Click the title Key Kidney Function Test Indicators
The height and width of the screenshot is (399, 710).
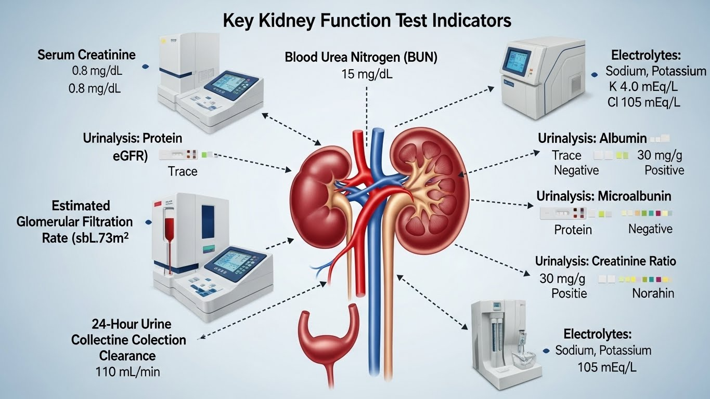[x=367, y=20]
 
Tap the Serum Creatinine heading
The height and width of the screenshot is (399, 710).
[x=86, y=55]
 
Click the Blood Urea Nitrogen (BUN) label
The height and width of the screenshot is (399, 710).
[x=361, y=57]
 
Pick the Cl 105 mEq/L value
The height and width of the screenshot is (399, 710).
[x=643, y=102]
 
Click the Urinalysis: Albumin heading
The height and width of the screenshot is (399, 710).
[x=592, y=139]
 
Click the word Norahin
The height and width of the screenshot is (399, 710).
[x=653, y=293]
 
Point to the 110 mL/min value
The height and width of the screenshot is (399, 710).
[x=128, y=371]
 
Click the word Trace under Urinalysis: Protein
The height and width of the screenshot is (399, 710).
[x=183, y=171]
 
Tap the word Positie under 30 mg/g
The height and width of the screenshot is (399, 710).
[x=569, y=293]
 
